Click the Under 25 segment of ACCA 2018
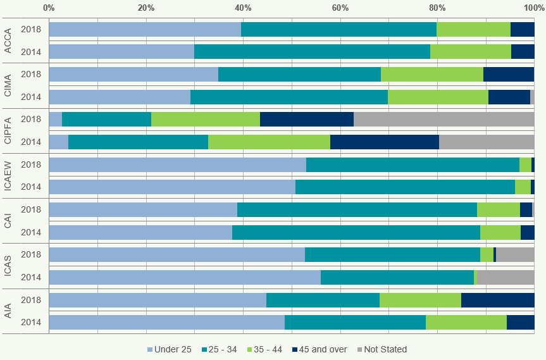pos(145,29)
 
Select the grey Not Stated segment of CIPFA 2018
pos(444,119)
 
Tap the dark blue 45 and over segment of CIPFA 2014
pos(384,142)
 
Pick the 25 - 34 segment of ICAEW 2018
pos(413,164)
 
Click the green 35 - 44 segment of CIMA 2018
pos(431,74)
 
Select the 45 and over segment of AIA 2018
pos(497,300)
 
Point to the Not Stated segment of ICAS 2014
pos(504,277)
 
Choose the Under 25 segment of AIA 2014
pos(166,322)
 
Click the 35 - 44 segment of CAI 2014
pos(500,232)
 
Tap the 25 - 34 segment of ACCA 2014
pos(312,51)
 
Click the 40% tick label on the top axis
pos(243,8)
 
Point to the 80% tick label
pos(437,8)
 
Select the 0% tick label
pos(49,8)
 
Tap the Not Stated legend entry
pos(382,349)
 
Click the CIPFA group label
pos(8,130)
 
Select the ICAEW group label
pos(8,176)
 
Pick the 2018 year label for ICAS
pos(31,254)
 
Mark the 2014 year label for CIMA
pos(31,97)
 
